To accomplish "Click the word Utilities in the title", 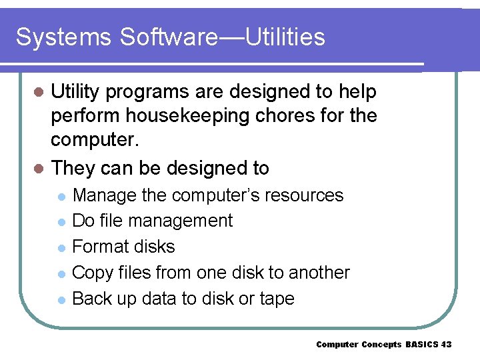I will point(285,37).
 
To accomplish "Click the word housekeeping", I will point(180,116).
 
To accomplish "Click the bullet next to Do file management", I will point(61,222).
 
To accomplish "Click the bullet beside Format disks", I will point(61,248).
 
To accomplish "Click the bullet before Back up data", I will point(61,300).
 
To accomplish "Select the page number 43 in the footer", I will point(446,345).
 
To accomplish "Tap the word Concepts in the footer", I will point(382,345).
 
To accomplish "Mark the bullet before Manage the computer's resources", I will point(61,197).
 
